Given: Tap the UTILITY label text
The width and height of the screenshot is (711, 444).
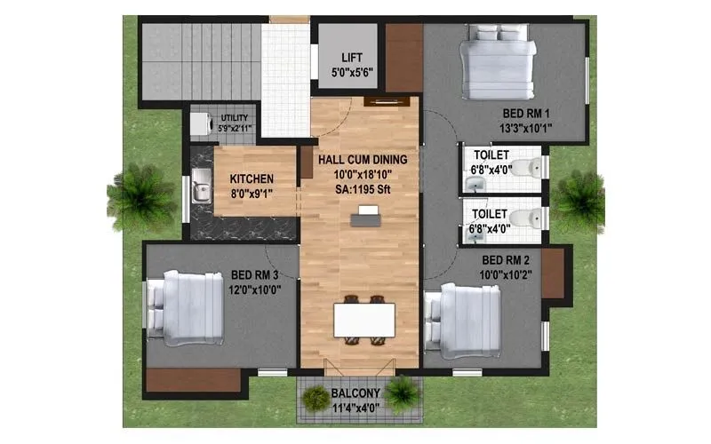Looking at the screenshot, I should click(x=235, y=117).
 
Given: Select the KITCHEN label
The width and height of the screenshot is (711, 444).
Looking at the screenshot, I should click(x=252, y=178).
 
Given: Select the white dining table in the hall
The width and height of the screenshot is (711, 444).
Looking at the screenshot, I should click(x=363, y=321).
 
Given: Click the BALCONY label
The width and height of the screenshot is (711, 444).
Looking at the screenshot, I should click(x=356, y=393).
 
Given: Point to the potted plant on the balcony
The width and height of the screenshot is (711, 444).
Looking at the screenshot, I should click(x=402, y=392).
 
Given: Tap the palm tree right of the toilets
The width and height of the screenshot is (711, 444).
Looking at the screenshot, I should click(x=579, y=197).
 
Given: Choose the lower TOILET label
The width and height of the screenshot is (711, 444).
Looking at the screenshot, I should click(x=490, y=214).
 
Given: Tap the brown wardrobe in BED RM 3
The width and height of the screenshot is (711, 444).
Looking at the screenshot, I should click(x=194, y=379).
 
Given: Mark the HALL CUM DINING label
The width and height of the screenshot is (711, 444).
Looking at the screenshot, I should click(x=363, y=159).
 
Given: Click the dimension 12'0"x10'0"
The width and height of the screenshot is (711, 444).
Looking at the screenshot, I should click(x=254, y=289).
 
